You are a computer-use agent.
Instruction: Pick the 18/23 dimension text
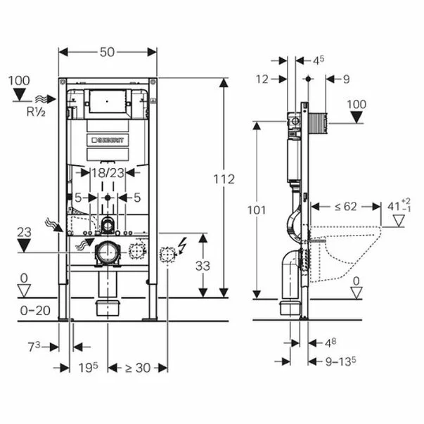coord(107,172)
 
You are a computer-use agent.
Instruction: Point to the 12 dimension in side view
coord(263,79)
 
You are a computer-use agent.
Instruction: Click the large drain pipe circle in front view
coord(108,252)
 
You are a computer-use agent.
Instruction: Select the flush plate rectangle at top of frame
coord(108,103)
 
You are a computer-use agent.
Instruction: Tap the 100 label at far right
coord(357,104)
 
